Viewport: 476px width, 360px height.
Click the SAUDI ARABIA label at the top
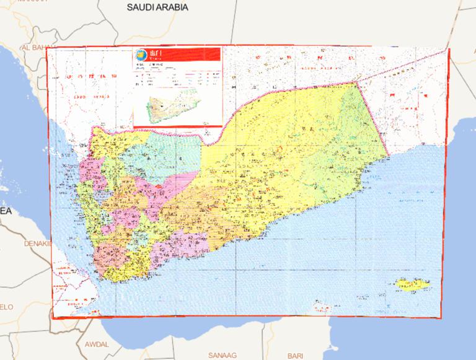pyautogui.click(x=157, y=7)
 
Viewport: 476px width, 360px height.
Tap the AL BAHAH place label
pyautogui.click(x=36, y=47)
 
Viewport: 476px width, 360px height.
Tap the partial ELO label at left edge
pyautogui.click(x=6, y=307)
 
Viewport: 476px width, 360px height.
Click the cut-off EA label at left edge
pyautogui.click(x=6, y=211)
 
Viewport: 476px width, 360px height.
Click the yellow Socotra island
pyautogui.click(x=410, y=285)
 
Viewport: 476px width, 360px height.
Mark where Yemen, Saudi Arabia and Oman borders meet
pyautogui.click(x=358, y=82)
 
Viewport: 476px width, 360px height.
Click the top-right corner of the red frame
pyautogui.click(x=449, y=50)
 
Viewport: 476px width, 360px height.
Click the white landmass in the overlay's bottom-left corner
pyautogui.click(x=74, y=297)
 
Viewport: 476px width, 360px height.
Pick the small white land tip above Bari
pyautogui.click(x=319, y=308)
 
